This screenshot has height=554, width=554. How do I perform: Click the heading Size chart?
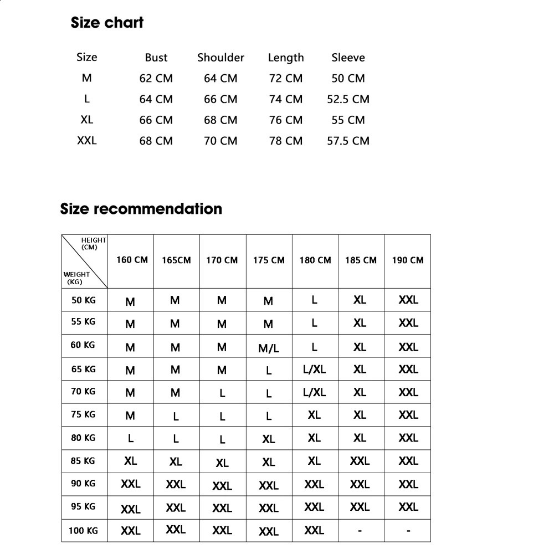coord(107,23)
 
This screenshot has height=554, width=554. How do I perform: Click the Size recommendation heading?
coord(141,209)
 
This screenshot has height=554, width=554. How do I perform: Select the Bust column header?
coord(156,58)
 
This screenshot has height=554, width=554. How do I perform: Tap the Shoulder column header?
coord(220,58)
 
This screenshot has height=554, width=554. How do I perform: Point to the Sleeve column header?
coord(348,58)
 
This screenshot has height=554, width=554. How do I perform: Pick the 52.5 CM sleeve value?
coord(348,99)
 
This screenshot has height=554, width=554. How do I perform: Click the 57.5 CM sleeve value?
coord(348,141)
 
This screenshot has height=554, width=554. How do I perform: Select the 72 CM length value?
coord(286,79)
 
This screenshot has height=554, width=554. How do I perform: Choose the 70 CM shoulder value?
coord(220,141)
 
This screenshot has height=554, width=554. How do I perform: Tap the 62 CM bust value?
coord(156,79)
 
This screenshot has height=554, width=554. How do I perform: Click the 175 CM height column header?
coord(269,260)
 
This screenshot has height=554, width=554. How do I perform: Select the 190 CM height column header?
coord(408,260)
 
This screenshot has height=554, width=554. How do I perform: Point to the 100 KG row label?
coord(83,531)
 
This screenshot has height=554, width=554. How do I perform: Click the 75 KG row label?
coord(83,414)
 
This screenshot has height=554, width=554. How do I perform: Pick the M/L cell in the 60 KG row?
coord(269,348)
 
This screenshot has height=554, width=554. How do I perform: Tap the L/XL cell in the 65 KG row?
coord(314,370)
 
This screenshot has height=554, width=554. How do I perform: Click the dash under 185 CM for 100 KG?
coord(360,531)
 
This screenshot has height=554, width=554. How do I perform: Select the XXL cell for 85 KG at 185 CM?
coord(360,460)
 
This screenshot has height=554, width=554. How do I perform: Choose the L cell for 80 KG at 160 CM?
coord(131,438)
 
